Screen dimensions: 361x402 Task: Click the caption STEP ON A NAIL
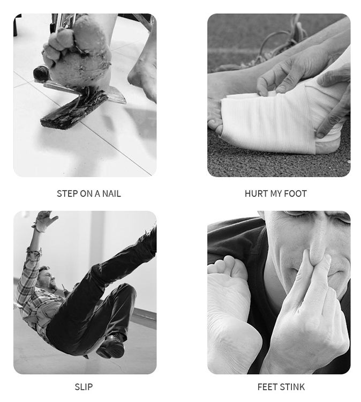[x=89, y=193]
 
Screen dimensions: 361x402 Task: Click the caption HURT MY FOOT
[x=276, y=193]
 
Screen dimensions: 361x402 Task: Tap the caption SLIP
[x=84, y=386]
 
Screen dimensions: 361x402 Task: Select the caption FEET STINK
[x=281, y=386]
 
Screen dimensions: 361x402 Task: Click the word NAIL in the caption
[x=111, y=193]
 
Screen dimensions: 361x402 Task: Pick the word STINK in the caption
[x=292, y=386]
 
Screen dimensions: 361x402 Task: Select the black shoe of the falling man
[x=111, y=346]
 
